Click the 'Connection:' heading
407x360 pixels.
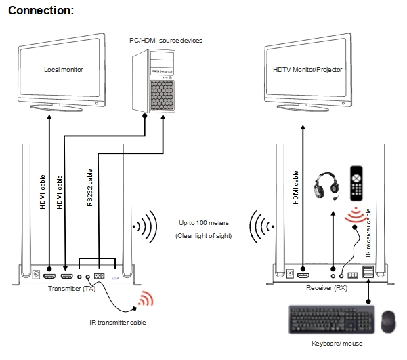coord(41,11)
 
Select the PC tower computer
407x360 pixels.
coord(154,81)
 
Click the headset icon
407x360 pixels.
coord(326,184)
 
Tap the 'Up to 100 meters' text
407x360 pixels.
coord(204,223)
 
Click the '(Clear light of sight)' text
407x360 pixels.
coord(203,236)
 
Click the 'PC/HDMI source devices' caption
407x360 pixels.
coord(166,41)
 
